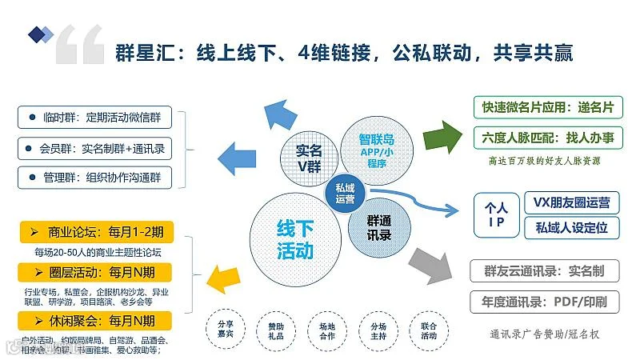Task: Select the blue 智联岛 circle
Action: (x=376, y=144)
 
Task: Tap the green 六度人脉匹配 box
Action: (x=547, y=138)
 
